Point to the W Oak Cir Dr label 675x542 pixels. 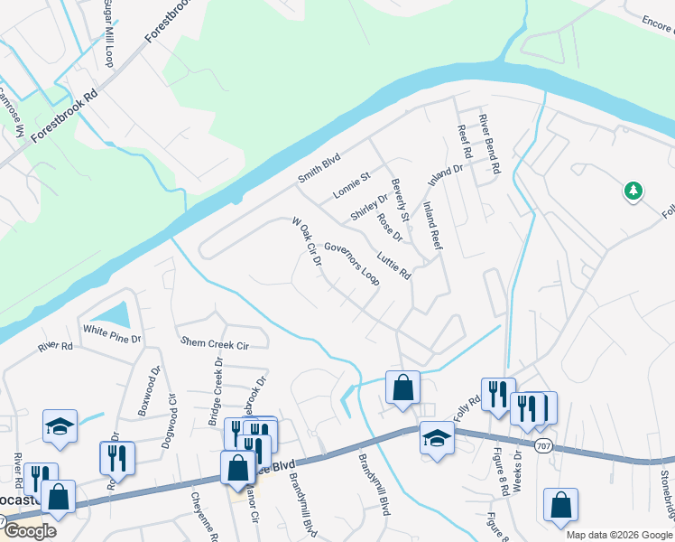click(307, 243)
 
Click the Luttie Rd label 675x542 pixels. click(394, 266)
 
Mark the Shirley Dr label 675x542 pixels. click(368, 207)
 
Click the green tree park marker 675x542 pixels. click(633, 191)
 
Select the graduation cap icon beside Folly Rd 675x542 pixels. click(437, 438)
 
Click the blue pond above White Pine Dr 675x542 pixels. click(114, 314)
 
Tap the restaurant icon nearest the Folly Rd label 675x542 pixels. click(497, 394)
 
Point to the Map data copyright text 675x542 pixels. click(619, 535)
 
